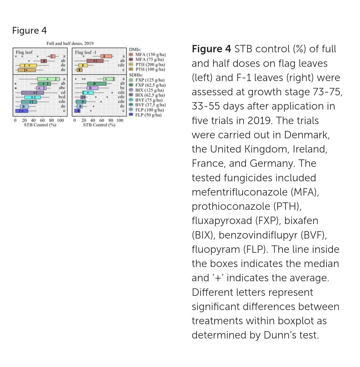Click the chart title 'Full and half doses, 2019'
click(x=70, y=43)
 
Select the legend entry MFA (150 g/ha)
click(x=150, y=55)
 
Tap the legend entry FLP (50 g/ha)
click(x=148, y=115)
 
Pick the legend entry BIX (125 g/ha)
click(x=149, y=90)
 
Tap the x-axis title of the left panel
click(x=40, y=125)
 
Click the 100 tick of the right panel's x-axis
click(x=120, y=121)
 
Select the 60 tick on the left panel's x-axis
click(x=42, y=121)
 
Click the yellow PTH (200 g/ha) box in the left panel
click(x=28, y=65)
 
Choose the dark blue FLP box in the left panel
click(x=22, y=111)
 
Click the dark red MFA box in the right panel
click(x=95, y=61)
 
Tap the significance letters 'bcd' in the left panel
click(x=62, y=97)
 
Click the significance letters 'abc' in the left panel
click(x=62, y=88)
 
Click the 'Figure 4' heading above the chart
click(x=30, y=30)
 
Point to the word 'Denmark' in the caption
click(x=307, y=135)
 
